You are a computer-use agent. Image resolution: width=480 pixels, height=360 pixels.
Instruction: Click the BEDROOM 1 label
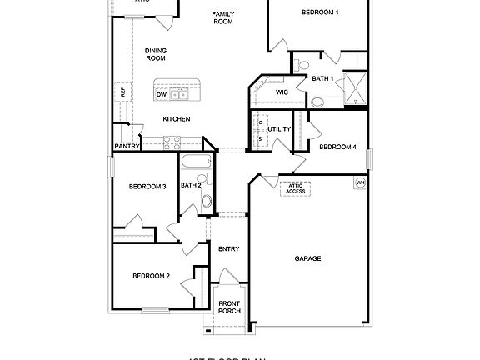point(320,12)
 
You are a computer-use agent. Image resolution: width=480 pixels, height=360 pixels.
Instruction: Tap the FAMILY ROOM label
point(222,17)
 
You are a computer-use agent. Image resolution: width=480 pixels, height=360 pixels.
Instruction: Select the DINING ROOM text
point(156,54)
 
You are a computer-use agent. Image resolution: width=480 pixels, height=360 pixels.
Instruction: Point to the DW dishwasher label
point(162,95)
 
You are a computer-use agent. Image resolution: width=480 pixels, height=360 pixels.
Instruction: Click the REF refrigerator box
point(122,92)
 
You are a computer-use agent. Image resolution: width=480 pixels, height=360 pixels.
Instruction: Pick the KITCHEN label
point(176,119)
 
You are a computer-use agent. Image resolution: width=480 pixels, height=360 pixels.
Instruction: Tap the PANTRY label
point(127,147)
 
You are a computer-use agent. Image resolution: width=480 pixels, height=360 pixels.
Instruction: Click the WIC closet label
point(282,92)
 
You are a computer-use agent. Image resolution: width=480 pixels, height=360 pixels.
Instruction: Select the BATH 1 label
point(322,78)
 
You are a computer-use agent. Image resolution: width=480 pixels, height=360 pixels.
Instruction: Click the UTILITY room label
point(279,129)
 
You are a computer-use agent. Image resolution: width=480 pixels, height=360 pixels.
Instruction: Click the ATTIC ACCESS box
point(296,188)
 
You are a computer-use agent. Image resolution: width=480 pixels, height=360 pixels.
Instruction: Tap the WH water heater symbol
point(361,182)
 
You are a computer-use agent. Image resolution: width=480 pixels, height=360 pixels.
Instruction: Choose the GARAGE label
point(307,258)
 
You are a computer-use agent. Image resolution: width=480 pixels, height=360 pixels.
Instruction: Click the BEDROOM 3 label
point(147,186)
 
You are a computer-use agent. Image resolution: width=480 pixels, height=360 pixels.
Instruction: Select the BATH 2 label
point(191,185)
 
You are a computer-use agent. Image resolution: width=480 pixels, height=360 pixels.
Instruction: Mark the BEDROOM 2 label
point(151,276)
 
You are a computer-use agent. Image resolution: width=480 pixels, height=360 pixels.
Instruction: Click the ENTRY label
point(228,249)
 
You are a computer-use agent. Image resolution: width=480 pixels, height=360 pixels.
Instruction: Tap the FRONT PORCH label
point(229,307)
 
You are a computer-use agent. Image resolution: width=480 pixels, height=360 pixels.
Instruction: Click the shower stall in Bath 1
point(356,86)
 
